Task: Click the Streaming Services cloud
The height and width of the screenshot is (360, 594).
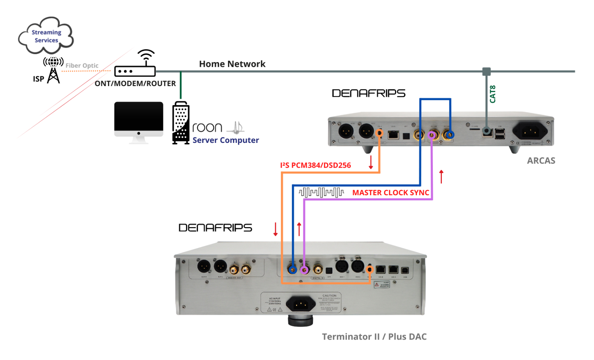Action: pos(46,36)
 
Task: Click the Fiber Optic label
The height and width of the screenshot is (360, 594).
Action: pos(82,66)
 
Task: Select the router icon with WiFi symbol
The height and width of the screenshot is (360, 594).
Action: pos(135,67)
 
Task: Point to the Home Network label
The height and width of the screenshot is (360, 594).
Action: pos(232,64)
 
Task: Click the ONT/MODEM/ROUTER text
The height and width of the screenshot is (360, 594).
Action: pos(135,84)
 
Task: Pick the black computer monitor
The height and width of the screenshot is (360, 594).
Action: pos(138,119)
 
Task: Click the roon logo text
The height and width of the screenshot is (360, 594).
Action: pos(207,128)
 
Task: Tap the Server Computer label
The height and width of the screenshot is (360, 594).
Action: pos(226,140)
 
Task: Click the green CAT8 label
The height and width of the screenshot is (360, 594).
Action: pos(493,94)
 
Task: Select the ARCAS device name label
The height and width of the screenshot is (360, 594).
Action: pos(541,161)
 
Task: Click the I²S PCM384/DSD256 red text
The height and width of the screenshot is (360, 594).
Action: pos(315,165)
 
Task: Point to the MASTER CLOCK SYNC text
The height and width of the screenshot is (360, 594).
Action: pos(391,193)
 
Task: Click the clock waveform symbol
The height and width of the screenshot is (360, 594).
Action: pos(321,192)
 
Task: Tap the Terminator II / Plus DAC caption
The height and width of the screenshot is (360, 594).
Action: pos(374,337)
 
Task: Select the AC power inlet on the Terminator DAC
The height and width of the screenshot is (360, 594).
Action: pos(300,304)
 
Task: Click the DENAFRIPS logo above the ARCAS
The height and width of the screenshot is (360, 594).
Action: pos(368,93)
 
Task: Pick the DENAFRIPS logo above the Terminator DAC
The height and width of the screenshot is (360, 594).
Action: pos(215,228)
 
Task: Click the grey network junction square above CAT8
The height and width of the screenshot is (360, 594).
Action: pos(486,71)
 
